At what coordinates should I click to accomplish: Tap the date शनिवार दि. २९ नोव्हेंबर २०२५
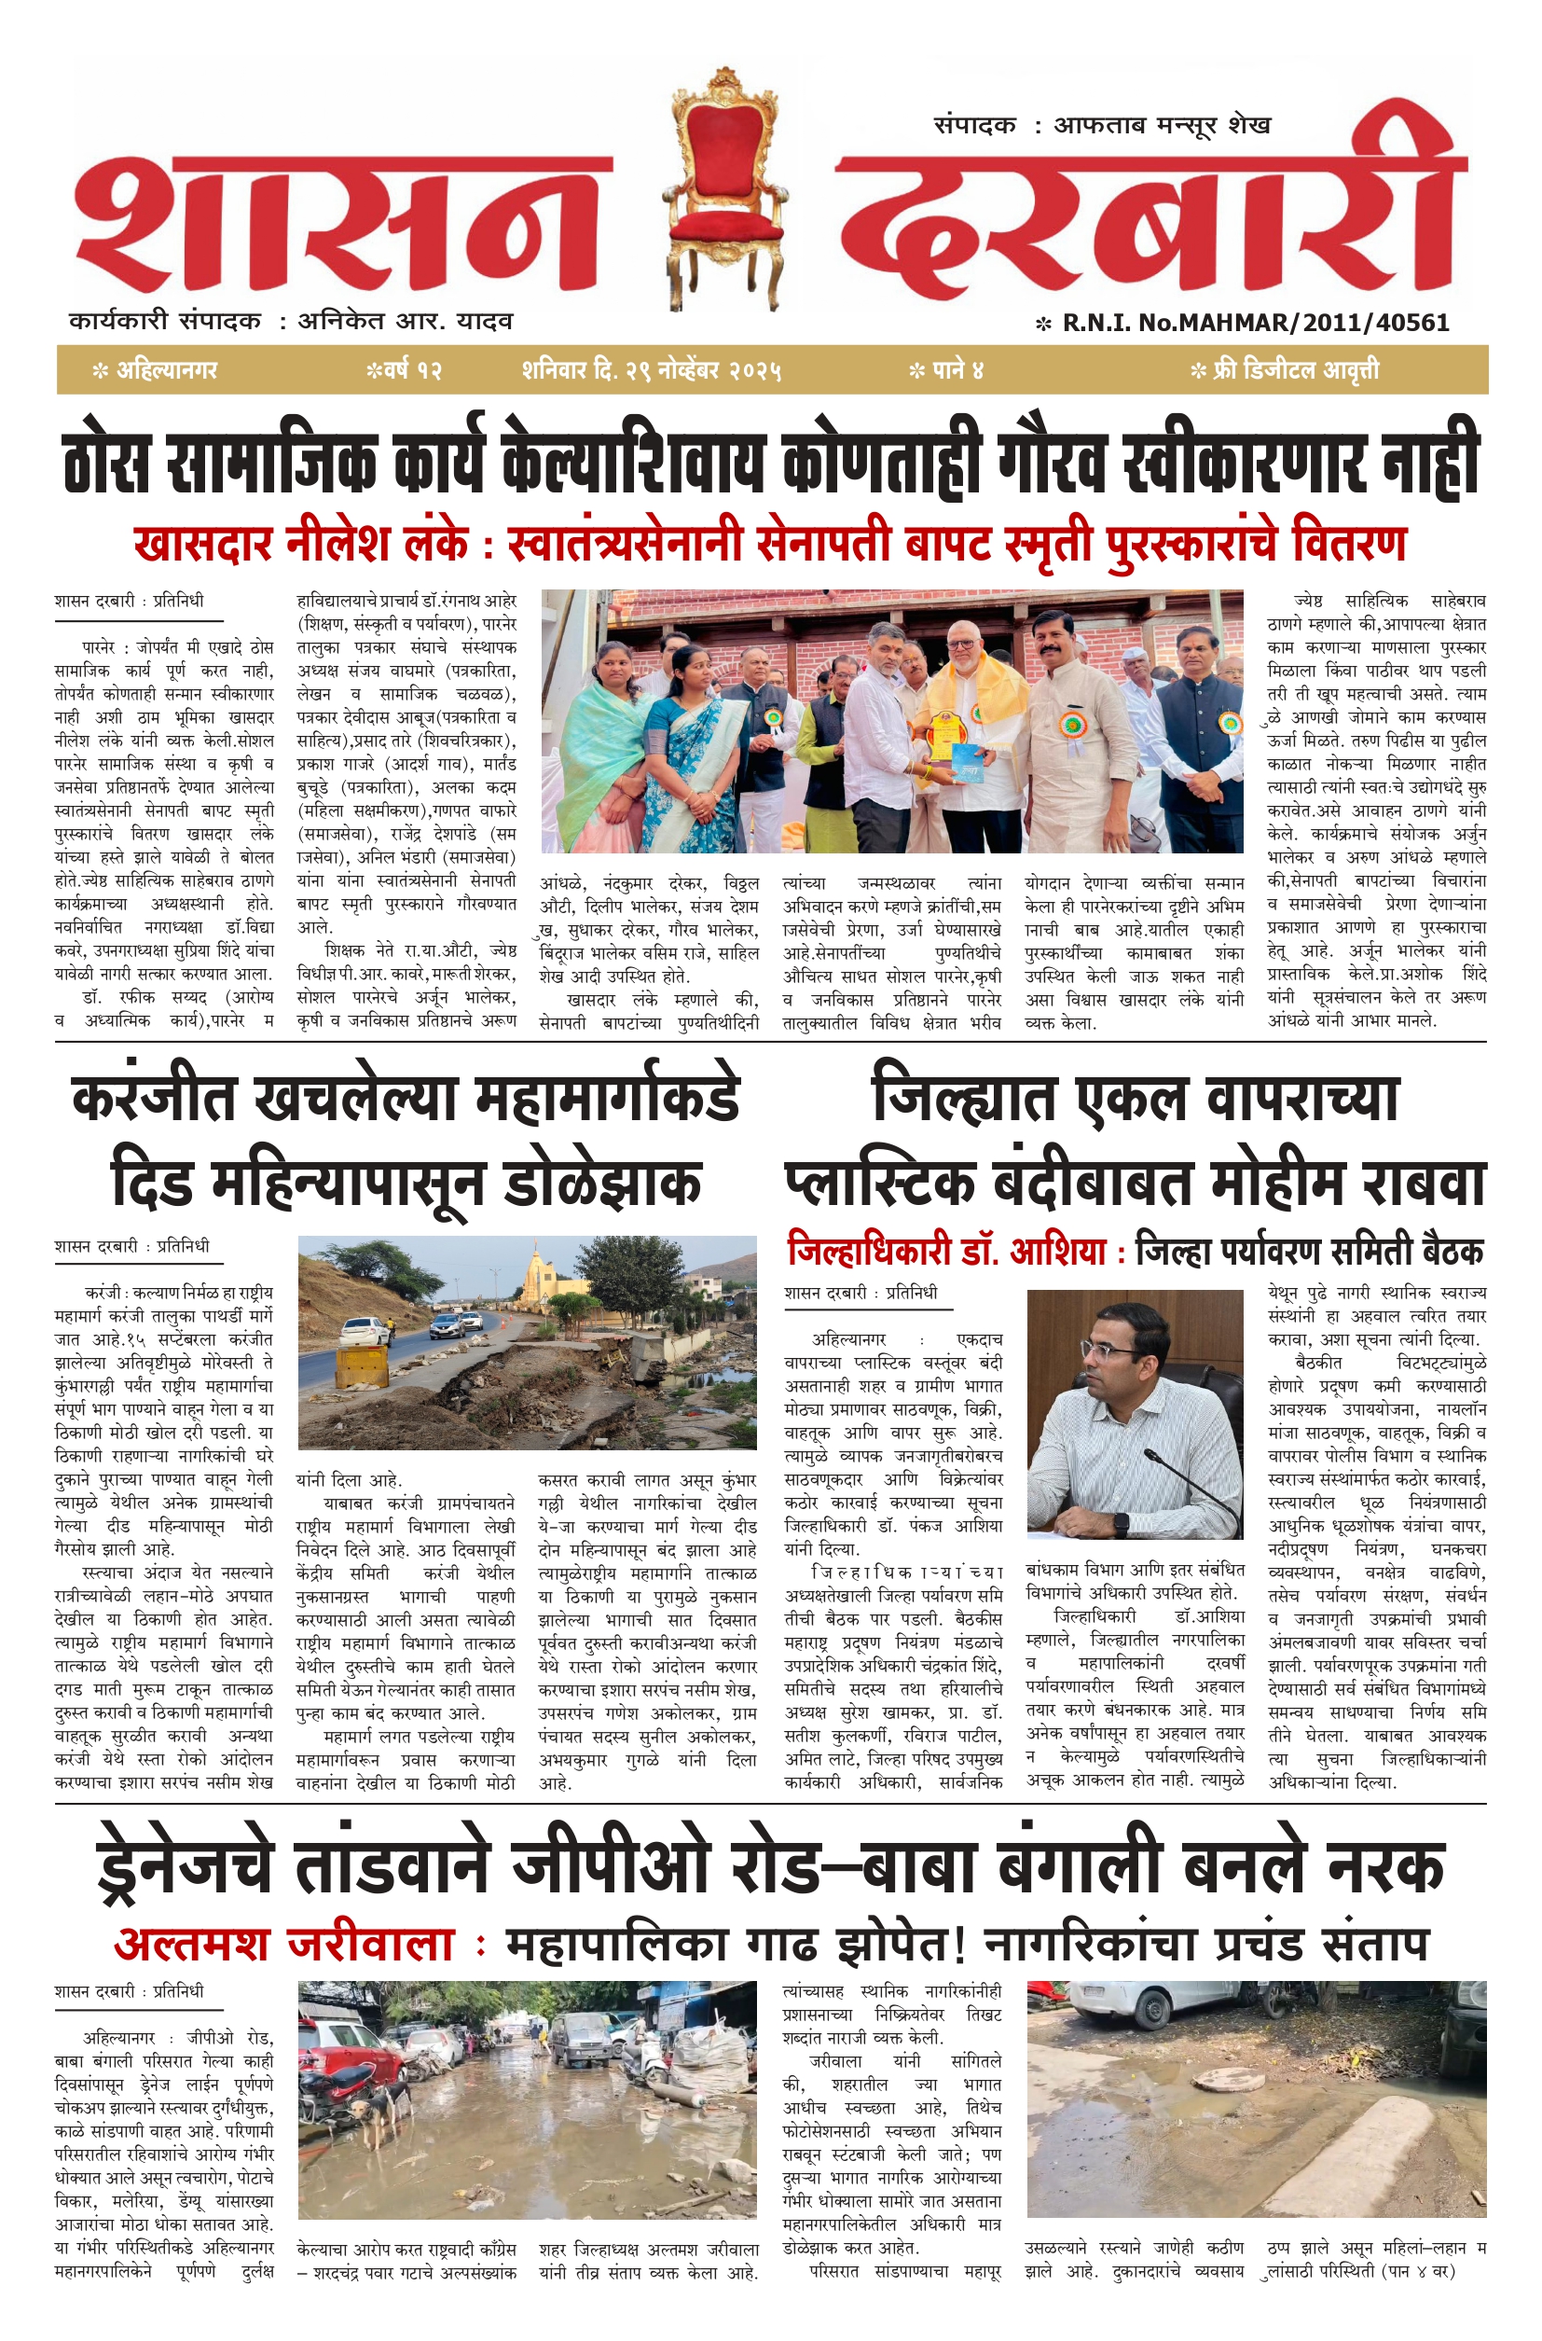[x=652, y=371]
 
